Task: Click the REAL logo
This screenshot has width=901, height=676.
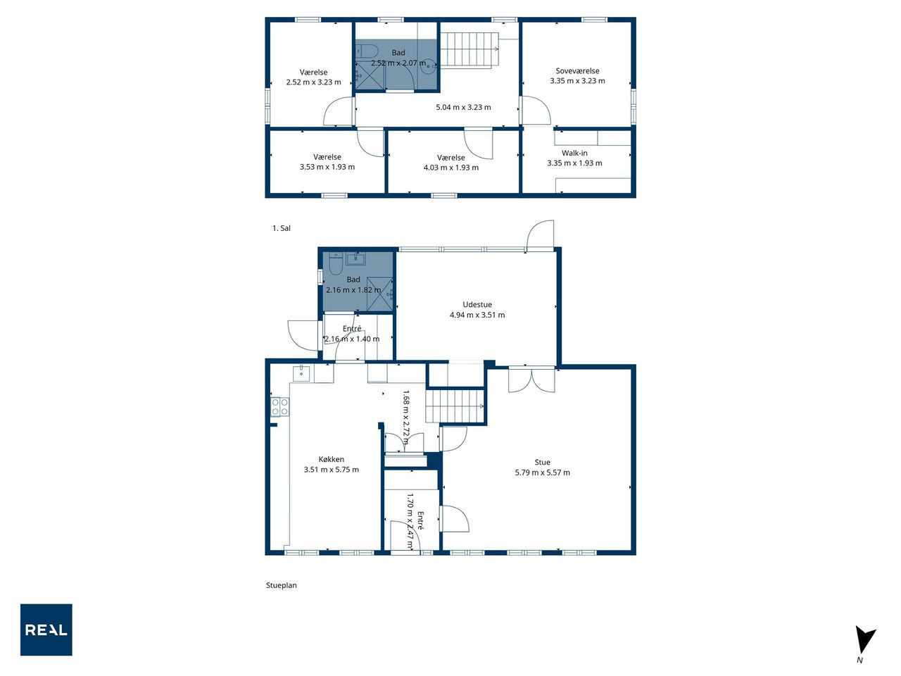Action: point(46,630)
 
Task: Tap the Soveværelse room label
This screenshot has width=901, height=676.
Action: point(577,70)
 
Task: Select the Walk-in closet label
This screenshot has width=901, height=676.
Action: point(574,153)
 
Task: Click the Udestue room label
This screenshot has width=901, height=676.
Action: point(477,304)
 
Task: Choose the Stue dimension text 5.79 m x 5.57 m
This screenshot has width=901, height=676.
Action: point(542,472)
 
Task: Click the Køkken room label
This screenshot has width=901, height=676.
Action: point(332,459)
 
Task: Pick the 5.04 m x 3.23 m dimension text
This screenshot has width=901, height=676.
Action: point(463,107)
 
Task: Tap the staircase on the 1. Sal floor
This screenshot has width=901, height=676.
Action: point(470,50)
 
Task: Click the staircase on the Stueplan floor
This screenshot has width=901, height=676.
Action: point(455,406)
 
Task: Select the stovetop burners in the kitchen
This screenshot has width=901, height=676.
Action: point(279,407)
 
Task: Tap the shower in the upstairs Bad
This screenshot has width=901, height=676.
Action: point(370,75)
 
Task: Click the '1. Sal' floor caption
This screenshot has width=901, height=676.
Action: point(281,228)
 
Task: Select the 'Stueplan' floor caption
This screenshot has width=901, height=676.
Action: point(281,585)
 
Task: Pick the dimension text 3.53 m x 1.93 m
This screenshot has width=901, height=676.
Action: point(327,167)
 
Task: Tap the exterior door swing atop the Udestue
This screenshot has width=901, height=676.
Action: point(540,234)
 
